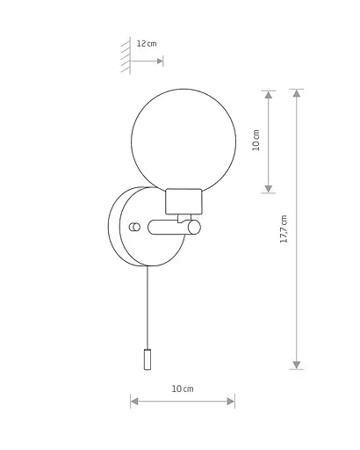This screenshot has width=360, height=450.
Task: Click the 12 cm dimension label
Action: (x=147, y=44)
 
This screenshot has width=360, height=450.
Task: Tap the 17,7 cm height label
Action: (x=284, y=229)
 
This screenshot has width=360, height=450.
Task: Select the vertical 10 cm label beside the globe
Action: (x=256, y=140)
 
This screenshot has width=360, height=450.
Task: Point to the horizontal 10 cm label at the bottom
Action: (x=183, y=388)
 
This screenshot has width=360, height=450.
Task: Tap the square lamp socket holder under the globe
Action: (x=184, y=201)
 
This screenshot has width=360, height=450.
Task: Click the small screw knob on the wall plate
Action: (x=134, y=227)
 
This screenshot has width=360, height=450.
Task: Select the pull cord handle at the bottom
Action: (x=148, y=359)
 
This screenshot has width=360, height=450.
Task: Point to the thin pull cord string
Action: (x=148, y=308)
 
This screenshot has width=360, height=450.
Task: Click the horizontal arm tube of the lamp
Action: (x=169, y=228)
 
